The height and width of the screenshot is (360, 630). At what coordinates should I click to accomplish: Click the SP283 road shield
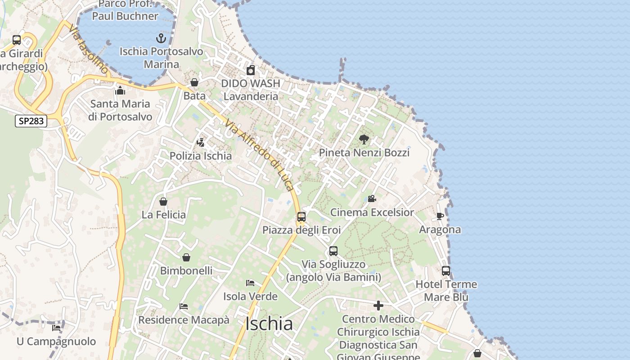tap(31, 121)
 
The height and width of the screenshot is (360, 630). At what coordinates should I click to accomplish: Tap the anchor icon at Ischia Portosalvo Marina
tap(161, 38)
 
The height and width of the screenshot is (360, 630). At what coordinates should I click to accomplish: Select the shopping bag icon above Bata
tap(194, 82)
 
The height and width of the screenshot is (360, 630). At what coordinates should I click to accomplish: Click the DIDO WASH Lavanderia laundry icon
tap(251, 70)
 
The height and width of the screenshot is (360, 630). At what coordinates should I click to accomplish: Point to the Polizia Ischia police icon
tap(201, 143)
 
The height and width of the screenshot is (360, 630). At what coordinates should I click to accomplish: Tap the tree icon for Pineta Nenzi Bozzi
tap(364, 139)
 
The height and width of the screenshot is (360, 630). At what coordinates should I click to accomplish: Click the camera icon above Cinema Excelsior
tap(372, 198)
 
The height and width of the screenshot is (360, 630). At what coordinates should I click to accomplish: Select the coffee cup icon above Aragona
tap(440, 216)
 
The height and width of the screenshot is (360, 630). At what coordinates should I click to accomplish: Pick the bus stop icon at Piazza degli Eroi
tap(301, 217)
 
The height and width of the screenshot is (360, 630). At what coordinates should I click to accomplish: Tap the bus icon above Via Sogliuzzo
tap(333, 251)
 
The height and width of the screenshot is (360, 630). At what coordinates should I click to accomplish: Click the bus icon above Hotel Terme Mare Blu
tap(446, 271)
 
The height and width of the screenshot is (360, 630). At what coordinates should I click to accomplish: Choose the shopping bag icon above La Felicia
tap(163, 202)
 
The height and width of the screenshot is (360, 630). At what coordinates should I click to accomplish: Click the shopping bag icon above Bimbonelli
tap(186, 257)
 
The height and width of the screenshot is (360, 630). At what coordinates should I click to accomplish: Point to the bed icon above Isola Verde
tap(250, 283)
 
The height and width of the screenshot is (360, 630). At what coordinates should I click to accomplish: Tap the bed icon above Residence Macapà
tap(184, 306)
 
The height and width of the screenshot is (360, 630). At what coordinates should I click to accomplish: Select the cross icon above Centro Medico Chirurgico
tap(378, 306)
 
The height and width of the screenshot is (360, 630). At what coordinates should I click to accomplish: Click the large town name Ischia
tap(269, 324)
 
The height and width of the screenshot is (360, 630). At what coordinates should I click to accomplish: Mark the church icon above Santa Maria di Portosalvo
tap(120, 91)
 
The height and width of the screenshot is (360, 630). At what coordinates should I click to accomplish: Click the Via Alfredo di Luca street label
tap(260, 155)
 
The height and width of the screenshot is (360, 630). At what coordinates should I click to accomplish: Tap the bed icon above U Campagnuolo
tap(56, 328)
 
